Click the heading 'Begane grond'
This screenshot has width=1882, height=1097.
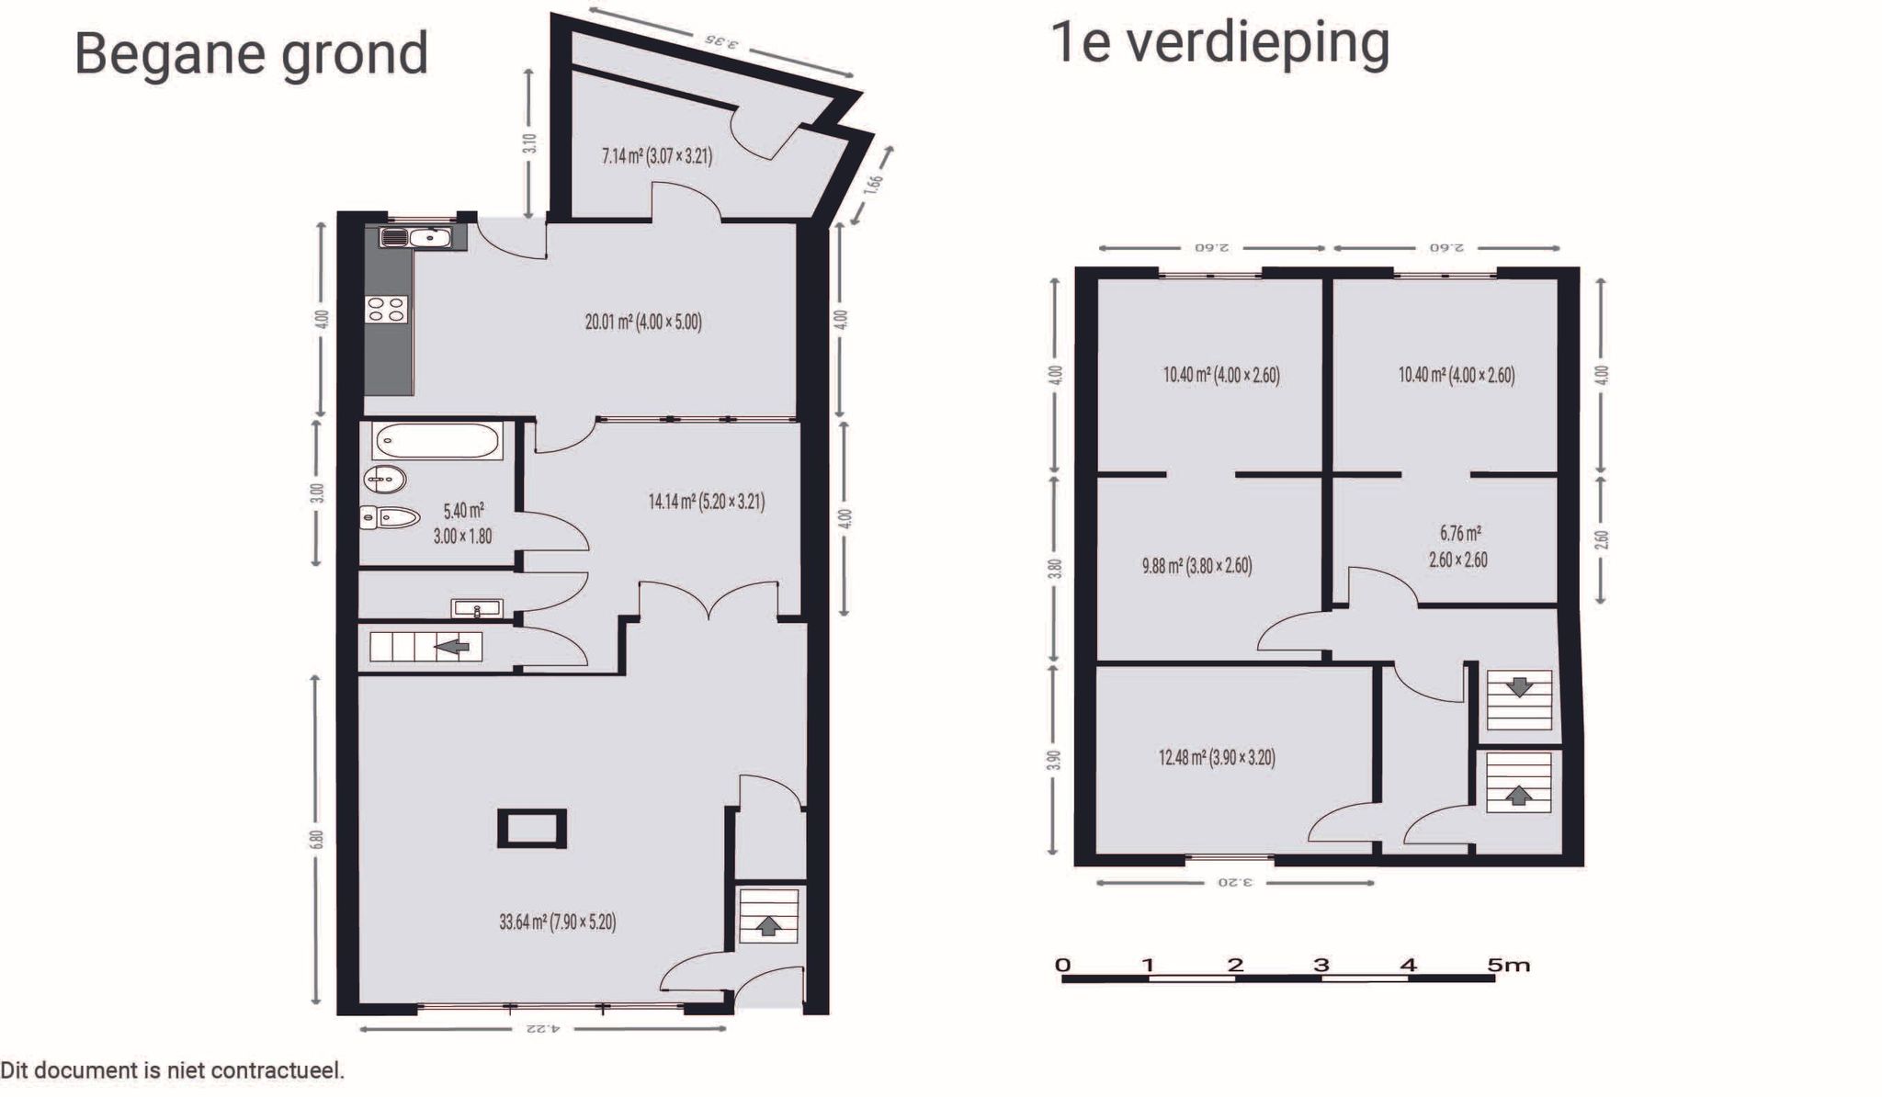[x=251, y=53]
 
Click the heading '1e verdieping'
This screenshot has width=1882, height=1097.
[x=1219, y=42]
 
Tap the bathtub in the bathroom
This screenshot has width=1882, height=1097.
[x=437, y=441]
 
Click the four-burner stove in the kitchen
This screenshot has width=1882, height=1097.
[x=386, y=309]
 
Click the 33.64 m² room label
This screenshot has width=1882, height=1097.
[x=557, y=922]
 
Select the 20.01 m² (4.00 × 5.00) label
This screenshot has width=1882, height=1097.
[x=643, y=322]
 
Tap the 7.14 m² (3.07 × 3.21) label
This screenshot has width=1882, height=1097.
[x=656, y=156]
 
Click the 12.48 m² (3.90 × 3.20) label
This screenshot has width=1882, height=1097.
[x=1216, y=758]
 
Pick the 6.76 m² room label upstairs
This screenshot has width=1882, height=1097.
[x=1458, y=546]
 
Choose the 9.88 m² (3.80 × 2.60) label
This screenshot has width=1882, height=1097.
[x=1196, y=566]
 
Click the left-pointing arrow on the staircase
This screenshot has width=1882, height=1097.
[x=452, y=647]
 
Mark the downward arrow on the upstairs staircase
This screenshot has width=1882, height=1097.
[x=1519, y=686]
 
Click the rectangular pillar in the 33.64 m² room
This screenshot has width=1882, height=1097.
[x=532, y=828]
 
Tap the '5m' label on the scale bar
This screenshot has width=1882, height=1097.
[x=1508, y=965]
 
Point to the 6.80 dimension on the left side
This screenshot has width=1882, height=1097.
[x=316, y=839]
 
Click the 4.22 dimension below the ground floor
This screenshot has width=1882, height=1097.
[x=541, y=1028]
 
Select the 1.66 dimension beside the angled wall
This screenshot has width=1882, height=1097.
[x=874, y=183]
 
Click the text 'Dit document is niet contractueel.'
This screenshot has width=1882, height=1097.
[x=173, y=1070]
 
